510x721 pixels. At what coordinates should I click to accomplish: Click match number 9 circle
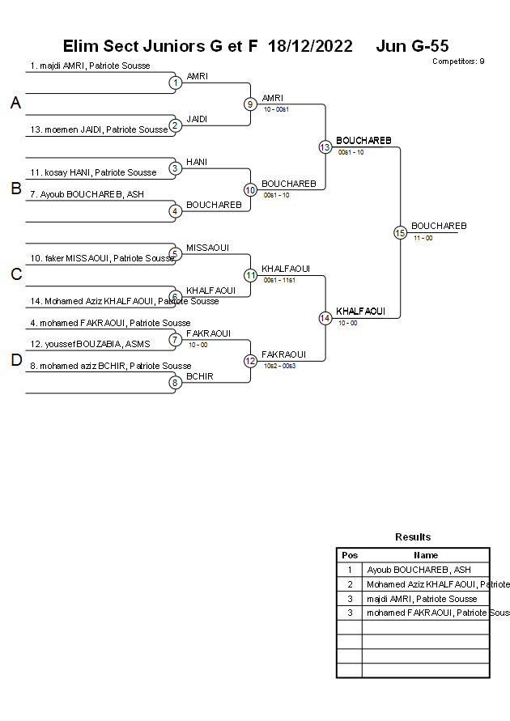click(x=250, y=104)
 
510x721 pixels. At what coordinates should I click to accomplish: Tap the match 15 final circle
click(x=400, y=232)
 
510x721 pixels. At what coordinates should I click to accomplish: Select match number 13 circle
click(x=325, y=146)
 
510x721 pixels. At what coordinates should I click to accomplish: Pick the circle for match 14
click(x=325, y=318)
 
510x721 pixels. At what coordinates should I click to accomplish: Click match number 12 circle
click(x=250, y=361)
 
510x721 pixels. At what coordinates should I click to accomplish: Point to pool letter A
click(x=15, y=104)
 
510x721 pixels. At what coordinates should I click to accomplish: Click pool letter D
click(x=15, y=361)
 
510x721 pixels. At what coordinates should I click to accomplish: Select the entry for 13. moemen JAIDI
click(x=99, y=129)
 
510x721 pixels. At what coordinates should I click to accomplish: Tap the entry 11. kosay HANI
click(x=93, y=172)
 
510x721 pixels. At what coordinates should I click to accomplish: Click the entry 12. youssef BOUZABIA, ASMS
click(x=91, y=344)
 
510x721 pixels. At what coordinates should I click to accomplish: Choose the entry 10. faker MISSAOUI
click(x=102, y=258)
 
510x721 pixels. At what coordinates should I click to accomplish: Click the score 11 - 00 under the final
click(x=423, y=238)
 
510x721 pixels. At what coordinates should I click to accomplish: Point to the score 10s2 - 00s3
click(x=279, y=367)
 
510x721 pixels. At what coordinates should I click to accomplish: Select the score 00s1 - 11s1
click(x=279, y=281)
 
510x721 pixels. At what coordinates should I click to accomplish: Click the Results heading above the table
click(x=413, y=537)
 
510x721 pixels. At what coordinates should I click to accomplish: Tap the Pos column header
click(x=350, y=555)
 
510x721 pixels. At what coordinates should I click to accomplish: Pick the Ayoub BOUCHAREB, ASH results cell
click(x=419, y=570)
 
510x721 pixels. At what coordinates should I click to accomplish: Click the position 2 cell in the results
click(x=350, y=584)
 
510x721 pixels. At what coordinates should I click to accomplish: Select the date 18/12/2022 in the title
click(x=310, y=46)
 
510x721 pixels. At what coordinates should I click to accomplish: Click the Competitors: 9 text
click(x=458, y=61)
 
